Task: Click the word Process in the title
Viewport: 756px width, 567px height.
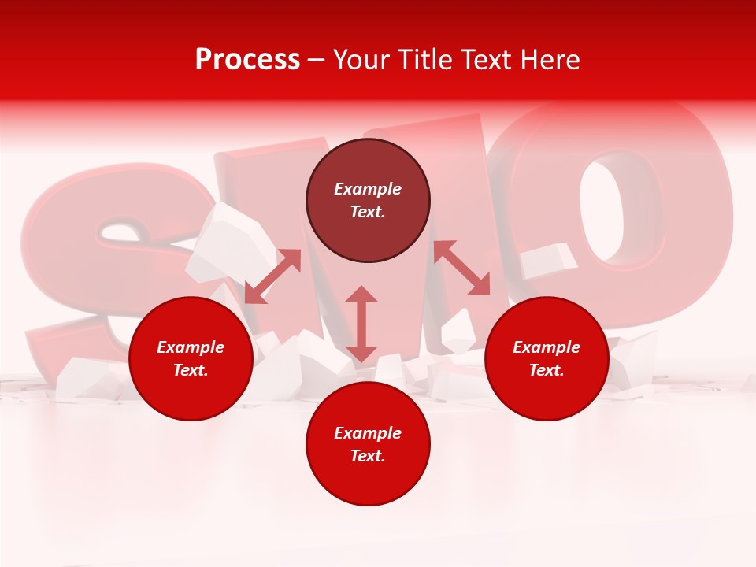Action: (x=247, y=60)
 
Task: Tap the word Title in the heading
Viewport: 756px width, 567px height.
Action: (x=421, y=60)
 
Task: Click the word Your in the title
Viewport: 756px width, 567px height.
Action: (x=361, y=60)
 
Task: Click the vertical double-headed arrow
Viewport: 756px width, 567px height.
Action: (x=361, y=324)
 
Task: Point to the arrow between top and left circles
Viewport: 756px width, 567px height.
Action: (x=272, y=276)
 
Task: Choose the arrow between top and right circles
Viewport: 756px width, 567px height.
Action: (x=461, y=268)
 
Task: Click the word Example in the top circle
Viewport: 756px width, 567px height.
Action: (x=368, y=189)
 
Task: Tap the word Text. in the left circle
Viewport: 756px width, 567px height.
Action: (x=191, y=370)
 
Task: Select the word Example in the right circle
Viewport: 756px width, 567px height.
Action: (x=547, y=347)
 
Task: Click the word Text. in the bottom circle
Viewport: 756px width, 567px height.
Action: (x=368, y=456)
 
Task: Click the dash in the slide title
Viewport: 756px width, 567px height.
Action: (x=316, y=60)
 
